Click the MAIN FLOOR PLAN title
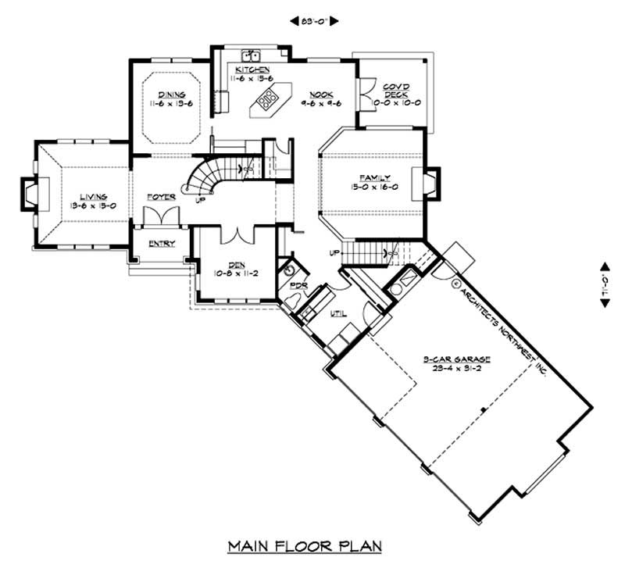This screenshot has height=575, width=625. [305, 545]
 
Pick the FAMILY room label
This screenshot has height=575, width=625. [373, 179]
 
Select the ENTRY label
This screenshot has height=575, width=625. [161, 243]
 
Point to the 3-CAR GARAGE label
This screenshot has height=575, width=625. [457, 359]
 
